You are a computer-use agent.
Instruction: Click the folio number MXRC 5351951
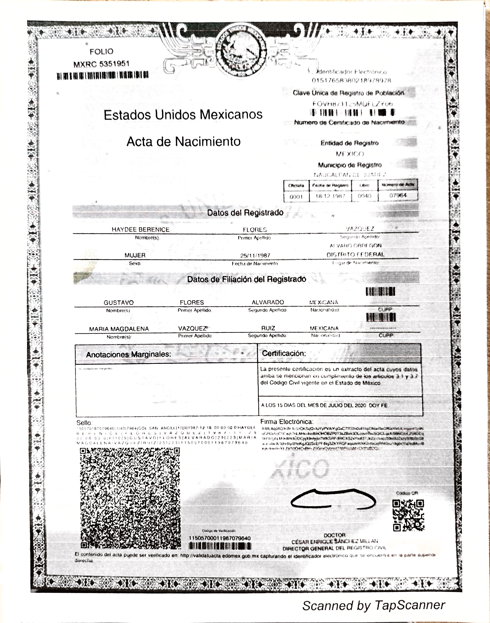coord(102,64)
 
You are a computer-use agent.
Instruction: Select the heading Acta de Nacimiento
coord(184,142)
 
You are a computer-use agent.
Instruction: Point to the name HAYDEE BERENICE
coord(141,230)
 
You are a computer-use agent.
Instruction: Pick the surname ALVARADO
coord(268,302)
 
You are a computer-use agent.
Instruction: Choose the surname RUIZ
coord(268,328)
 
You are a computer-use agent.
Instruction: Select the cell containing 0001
coord(296,197)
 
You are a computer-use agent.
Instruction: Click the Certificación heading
coord(284,353)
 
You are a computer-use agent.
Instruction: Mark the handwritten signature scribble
coord(333,500)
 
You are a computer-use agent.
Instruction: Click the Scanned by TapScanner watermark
coord(374,605)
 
